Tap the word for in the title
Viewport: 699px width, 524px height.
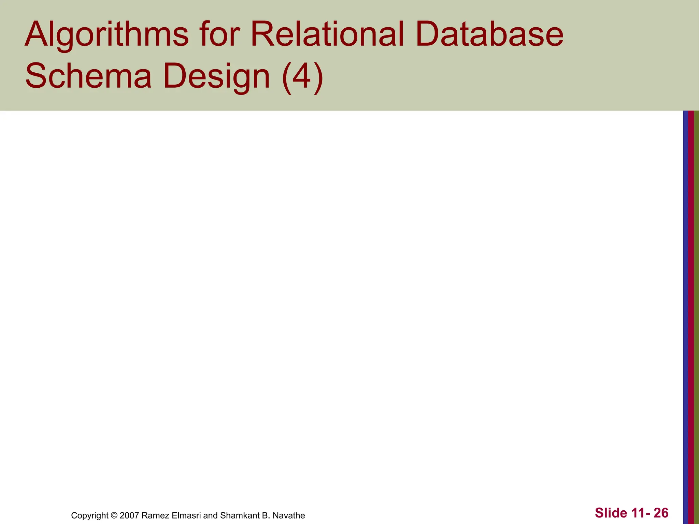click(219, 34)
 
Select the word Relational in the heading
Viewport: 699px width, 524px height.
click(327, 34)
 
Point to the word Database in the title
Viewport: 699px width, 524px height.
click(489, 34)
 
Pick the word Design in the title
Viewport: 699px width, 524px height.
click(216, 76)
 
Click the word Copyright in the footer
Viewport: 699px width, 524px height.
click(90, 515)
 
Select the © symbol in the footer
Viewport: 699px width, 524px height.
click(114, 515)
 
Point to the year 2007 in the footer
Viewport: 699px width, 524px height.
click(129, 515)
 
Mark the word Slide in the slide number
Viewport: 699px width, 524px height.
click(611, 513)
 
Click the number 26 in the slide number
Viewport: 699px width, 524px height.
click(661, 513)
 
